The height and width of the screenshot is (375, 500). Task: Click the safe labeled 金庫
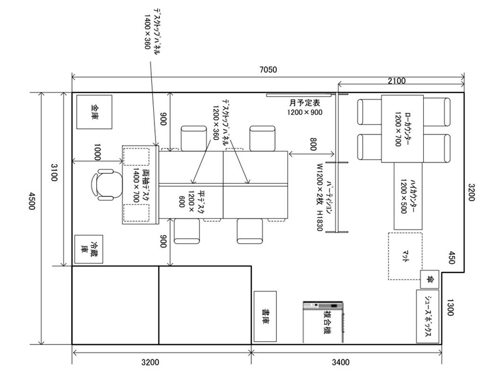[94, 112]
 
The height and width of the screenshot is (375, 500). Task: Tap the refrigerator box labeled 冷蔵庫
[89, 249]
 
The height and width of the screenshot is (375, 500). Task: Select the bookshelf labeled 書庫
[265, 316]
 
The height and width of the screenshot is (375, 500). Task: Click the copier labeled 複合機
[323, 322]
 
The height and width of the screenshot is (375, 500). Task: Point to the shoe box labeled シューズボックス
[427, 316]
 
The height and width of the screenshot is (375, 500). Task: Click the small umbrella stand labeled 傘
[429, 279]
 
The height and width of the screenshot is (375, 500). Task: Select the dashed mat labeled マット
[405, 256]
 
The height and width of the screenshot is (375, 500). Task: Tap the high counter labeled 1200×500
[408, 196]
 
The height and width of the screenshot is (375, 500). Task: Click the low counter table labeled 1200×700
[402, 129]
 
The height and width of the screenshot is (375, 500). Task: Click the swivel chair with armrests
[106, 184]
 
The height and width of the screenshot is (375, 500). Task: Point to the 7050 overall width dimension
[268, 69]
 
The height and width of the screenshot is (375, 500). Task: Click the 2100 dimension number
[397, 81]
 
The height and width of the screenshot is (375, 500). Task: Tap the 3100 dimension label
[54, 172]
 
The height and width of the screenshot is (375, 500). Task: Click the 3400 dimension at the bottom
[341, 362]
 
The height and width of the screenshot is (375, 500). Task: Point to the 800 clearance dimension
[314, 144]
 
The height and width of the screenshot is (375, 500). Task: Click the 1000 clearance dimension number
[97, 152]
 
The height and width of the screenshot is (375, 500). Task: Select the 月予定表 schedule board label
[305, 102]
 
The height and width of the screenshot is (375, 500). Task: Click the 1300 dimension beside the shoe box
[449, 307]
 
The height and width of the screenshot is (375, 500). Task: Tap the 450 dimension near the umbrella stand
[451, 257]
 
